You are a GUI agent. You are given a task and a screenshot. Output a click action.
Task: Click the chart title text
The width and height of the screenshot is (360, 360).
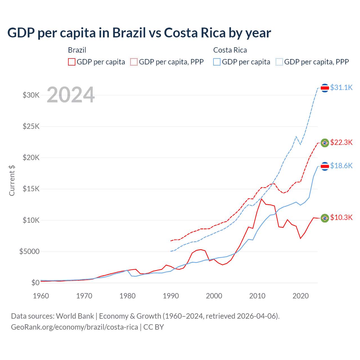[139, 33]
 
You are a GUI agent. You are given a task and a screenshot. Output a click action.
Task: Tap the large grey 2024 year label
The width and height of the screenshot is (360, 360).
[71, 95]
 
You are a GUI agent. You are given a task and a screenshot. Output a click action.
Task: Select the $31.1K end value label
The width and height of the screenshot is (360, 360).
[341, 87]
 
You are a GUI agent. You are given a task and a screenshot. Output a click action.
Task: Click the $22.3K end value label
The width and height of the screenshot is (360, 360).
[341, 142]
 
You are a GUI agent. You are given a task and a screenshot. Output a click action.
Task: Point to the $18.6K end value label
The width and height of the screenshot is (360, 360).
[341, 166]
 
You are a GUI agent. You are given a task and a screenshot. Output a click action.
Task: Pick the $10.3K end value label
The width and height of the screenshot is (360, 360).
[341, 217]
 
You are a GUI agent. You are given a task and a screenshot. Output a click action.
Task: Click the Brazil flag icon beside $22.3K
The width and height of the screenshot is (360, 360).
[325, 143]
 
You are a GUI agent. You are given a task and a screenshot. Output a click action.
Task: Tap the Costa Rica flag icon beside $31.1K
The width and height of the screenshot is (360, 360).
[325, 88]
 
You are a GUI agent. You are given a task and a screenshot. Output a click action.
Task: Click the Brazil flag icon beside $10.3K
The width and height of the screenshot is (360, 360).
[325, 218]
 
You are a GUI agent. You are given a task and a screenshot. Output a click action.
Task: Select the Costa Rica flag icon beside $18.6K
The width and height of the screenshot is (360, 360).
[325, 166]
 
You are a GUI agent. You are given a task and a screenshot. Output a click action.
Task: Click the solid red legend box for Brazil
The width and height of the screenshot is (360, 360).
[72, 62]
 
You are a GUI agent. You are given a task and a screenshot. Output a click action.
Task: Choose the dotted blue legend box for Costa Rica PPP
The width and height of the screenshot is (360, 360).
[279, 62]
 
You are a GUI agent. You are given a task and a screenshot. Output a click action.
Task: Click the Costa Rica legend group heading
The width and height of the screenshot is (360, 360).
[230, 50]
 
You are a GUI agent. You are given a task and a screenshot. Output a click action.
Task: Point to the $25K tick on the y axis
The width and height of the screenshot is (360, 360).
[31, 126]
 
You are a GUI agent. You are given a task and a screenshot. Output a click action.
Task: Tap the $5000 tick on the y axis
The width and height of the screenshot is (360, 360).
[29, 251]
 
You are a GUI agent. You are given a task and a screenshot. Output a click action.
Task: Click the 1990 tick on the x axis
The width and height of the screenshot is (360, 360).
[171, 296]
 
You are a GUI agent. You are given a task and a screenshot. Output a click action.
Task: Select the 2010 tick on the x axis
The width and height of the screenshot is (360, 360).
[257, 296]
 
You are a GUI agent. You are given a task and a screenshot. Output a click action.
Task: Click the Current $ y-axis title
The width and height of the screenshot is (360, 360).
[12, 181]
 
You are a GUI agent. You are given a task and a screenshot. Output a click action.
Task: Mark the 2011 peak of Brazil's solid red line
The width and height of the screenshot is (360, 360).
[262, 199]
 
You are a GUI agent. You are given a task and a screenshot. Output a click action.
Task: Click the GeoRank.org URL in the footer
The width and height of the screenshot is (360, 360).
[75, 327]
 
